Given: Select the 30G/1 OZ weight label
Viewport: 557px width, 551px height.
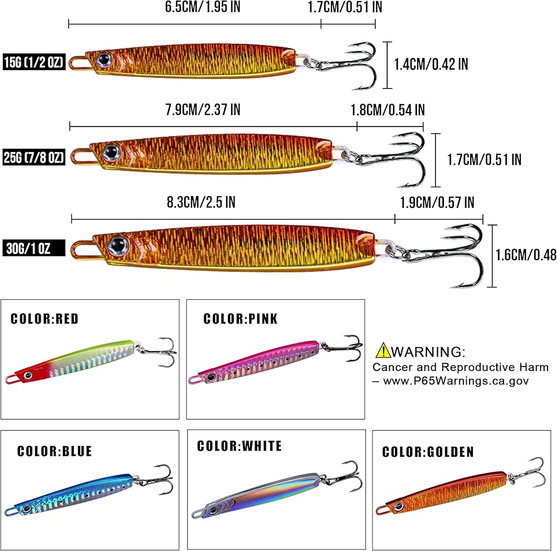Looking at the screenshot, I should pyautogui.click(x=33, y=248).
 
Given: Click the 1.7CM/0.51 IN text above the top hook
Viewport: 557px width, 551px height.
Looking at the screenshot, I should pyautogui.click(x=344, y=7).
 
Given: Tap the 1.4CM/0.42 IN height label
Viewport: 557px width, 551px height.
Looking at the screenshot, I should pyautogui.click(x=431, y=64).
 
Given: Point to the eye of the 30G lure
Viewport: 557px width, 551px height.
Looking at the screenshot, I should pyautogui.click(x=118, y=243).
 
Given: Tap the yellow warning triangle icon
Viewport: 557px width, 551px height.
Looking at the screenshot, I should pyautogui.click(x=383, y=350).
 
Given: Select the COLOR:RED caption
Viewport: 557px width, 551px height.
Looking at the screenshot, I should pyautogui.click(x=45, y=319).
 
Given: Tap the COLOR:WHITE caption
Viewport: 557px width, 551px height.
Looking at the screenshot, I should pyautogui.click(x=240, y=446).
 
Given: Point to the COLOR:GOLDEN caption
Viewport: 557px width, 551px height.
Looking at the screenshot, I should pyautogui.click(x=428, y=452).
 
